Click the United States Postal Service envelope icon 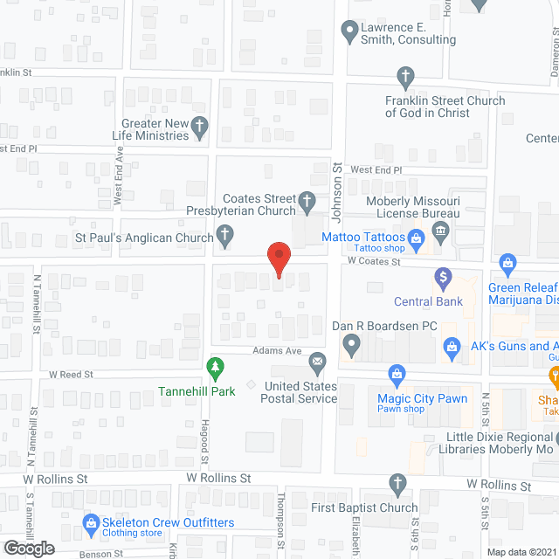click(317, 360)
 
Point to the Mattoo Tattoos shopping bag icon click(417, 237)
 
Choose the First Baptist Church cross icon click(397, 483)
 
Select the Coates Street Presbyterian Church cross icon click(307, 204)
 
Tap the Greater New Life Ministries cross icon click(200, 129)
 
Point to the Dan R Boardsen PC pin click(351, 345)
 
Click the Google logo click(29, 548)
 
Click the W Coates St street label click(373, 261)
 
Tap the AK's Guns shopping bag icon click(452, 348)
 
